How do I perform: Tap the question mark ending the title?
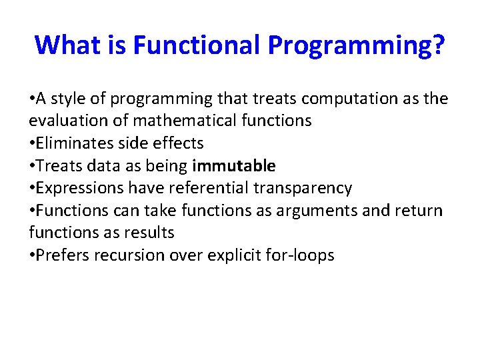coord(438,45)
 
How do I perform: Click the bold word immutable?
coord(234,165)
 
